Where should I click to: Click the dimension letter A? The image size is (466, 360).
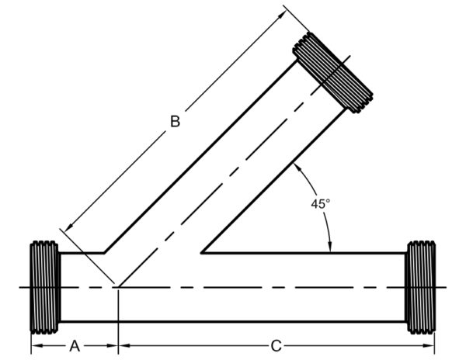click(x=75, y=345)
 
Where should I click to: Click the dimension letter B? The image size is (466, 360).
click(x=176, y=122)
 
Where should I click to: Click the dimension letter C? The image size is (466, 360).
click(x=275, y=345)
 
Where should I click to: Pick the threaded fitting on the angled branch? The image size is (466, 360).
click(x=333, y=71)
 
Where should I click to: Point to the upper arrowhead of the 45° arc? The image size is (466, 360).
click(x=297, y=168)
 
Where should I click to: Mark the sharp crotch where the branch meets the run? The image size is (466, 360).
click(x=203, y=252)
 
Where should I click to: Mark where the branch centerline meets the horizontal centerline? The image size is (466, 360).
click(x=117, y=287)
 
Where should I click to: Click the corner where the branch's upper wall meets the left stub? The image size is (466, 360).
click(x=106, y=252)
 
